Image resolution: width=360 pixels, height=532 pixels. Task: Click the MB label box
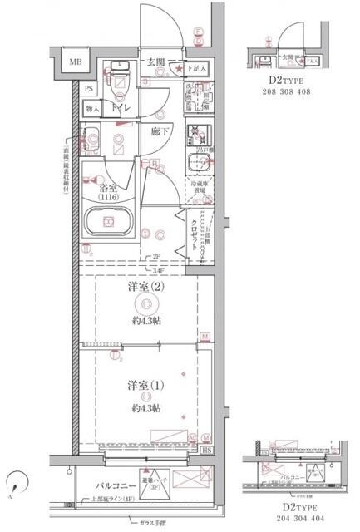[x=75, y=62]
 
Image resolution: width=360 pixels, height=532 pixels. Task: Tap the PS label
[x=90, y=88]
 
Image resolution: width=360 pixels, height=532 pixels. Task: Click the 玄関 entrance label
[x=155, y=62]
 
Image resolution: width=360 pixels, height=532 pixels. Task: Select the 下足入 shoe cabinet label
[x=195, y=68]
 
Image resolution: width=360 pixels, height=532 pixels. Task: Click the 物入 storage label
[x=93, y=108]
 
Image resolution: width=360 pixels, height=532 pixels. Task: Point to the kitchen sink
[x=200, y=162]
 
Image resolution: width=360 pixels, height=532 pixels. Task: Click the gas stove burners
[x=200, y=133]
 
